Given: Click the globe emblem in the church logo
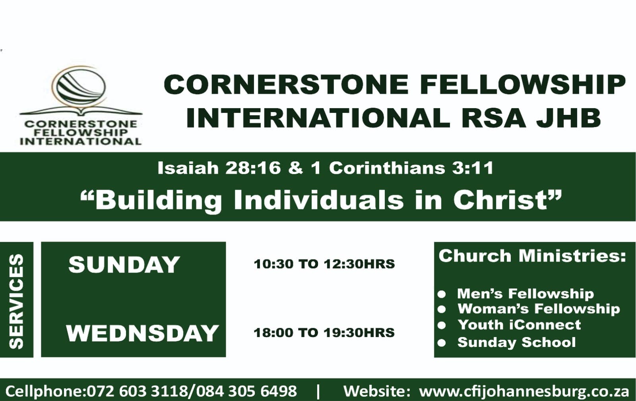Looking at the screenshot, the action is click(81, 87).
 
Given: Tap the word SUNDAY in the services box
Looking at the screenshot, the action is click(124, 265).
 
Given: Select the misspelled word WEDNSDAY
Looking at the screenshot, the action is click(142, 333).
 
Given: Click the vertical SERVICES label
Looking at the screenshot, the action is click(16, 301).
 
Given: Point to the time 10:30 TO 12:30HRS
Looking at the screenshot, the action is click(324, 264).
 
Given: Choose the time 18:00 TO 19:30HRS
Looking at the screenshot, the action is click(324, 333).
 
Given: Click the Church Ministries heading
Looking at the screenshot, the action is click(532, 256).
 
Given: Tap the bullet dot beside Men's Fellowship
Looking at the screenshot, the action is click(442, 294).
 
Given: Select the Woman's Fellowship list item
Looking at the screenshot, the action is click(539, 309).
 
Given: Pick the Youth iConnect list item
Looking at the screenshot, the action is click(519, 325).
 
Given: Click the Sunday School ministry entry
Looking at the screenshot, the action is click(516, 342).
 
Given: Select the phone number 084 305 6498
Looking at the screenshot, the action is click(246, 391).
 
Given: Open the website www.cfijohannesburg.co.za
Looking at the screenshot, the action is click(524, 392).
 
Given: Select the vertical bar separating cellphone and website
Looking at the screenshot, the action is click(318, 391).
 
